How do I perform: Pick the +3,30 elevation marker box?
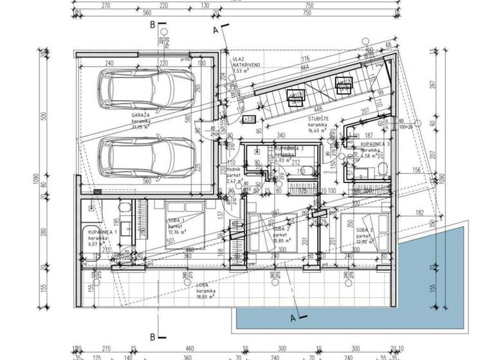(248, 119)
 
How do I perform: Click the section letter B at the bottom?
(152, 336)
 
